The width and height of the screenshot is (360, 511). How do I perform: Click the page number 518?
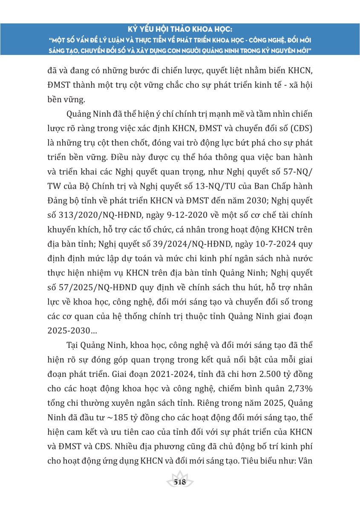180,482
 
